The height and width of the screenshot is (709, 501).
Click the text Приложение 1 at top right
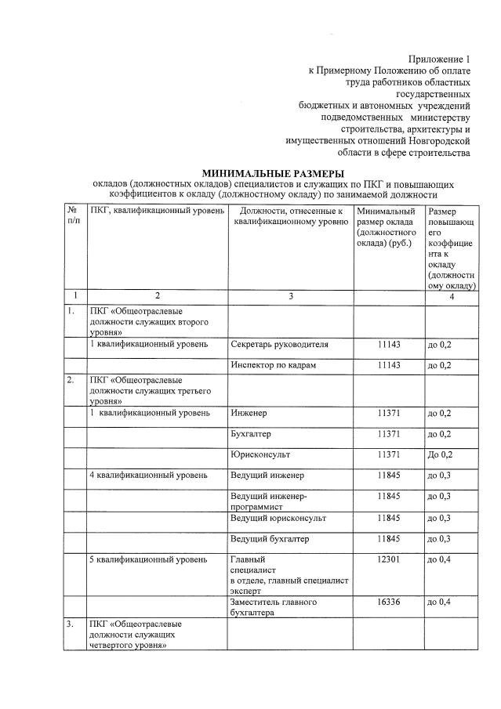pyautogui.click(x=439, y=60)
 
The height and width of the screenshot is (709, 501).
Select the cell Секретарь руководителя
pyautogui.click(x=279, y=344)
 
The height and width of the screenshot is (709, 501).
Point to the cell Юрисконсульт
pyautogui.click(x=260, y=454)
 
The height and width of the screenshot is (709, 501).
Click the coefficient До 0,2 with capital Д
pyautogui.click(x=440, y=454)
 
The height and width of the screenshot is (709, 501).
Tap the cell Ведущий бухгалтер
pyautogui.click(x=270, y=539)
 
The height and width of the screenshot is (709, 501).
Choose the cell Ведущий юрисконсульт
pyautogui.click(x=278, y=518)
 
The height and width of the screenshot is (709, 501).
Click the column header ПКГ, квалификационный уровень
pyautogui.click(x=158, y=211)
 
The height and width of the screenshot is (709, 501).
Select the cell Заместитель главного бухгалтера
pyautogui.click(x=273, y=608)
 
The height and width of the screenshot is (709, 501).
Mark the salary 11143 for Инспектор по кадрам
pyautogui.click(x=389, y=365)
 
